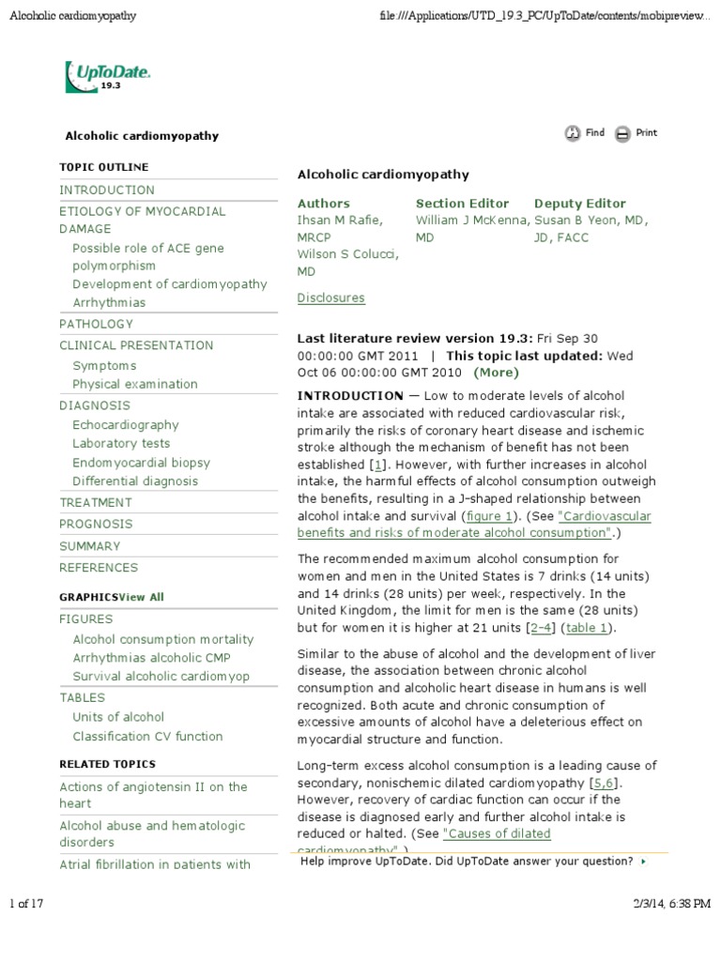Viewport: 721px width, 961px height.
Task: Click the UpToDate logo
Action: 107,76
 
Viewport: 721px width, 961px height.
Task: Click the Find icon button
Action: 573,134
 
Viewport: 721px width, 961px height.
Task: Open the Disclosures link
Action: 330,298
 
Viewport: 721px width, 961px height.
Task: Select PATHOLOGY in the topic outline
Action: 96,324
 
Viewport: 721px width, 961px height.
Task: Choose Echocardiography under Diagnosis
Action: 125,424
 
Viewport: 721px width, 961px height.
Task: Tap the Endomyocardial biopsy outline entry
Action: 141,463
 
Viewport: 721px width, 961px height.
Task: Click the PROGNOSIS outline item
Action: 96,524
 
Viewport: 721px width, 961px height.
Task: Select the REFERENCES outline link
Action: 99,567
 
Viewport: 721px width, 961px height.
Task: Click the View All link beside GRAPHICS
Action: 142,597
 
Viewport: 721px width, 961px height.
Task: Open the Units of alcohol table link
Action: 118,717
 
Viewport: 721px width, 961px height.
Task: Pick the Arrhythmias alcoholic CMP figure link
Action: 151,658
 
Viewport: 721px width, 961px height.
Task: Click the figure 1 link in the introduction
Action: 488,516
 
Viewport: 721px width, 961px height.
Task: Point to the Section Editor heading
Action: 462,204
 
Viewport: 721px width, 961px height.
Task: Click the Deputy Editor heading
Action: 579,204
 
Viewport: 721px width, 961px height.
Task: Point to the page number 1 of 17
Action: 27,904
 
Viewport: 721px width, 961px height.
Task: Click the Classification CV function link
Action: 147,737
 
